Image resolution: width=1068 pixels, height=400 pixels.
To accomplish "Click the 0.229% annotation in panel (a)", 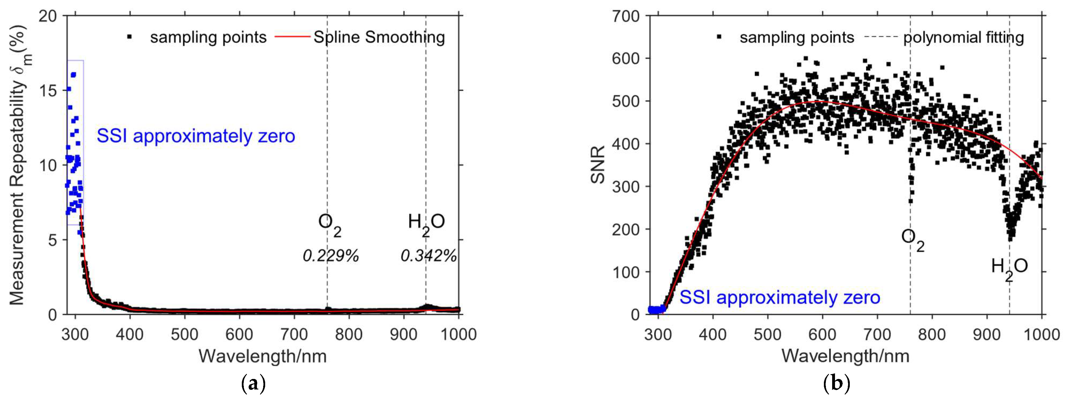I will click(x=330, y=256).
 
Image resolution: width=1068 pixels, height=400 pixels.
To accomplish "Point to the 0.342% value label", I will click(x=428, y=256).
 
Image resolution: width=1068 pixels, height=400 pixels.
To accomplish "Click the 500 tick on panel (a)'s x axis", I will click(x=184, y=334).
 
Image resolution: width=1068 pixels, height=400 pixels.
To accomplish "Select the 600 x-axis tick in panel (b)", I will click(x=822, y=334).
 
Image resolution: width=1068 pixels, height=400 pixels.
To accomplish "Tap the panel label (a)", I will click(x=253, y=383).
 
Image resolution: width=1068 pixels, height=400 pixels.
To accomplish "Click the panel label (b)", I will click(x=836, y=383).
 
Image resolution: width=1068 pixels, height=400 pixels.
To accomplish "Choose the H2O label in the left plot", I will click(x=426, y=224).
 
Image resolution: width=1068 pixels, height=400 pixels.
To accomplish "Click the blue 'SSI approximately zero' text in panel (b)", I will click(x=780, y=298).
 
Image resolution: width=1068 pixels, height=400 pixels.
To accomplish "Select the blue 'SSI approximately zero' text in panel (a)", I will click(x=196, y=136).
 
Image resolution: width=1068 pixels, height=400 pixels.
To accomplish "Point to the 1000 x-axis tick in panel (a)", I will click(x=458, y=334).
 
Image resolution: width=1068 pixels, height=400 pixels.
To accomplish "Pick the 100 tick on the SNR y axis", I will click(x=626, y=272).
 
